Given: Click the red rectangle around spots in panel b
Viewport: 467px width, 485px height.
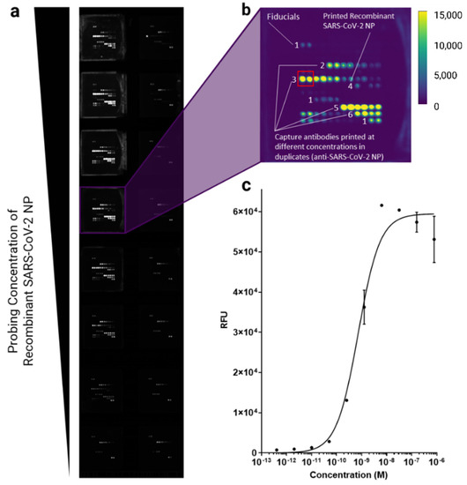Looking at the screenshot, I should coord(305,78).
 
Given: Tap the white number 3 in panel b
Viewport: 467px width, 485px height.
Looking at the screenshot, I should coord(293,80).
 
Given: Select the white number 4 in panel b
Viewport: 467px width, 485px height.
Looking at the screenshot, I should coord(350,86).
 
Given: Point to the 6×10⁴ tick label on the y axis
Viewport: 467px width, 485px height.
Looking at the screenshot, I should coord(246,212).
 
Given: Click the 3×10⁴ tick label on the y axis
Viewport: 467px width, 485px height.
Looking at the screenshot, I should coord(246,332).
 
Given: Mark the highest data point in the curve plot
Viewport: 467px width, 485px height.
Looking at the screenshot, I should coord(382,205).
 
